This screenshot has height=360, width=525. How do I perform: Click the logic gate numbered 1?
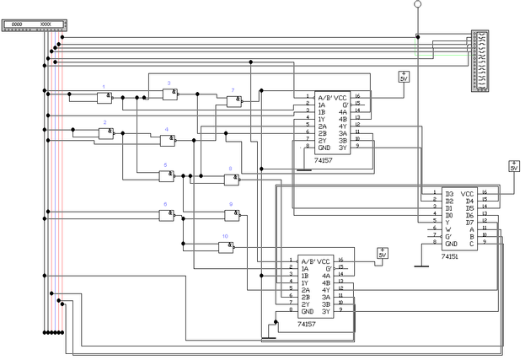coord(104,99)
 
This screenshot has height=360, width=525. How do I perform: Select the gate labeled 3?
coord(169,95)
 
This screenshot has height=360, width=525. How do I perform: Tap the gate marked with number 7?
coord(233,101)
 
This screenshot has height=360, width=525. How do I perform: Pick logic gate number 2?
coord(106,133)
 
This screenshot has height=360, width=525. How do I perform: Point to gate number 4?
coord(168,140)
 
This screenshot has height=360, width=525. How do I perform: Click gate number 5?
coord(167,175)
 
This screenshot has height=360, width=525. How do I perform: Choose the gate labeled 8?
coord(231,180)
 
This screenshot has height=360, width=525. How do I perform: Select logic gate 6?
coord(166,215)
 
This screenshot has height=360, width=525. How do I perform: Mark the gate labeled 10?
coord(226,247)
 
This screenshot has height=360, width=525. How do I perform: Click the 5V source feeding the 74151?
coord(514,166)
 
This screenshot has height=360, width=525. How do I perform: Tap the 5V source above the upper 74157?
coord(404,77)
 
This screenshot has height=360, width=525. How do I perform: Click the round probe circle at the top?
coord(416,5)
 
